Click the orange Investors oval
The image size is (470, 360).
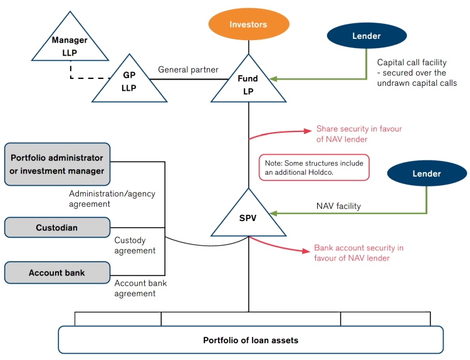click(x=248, y=24)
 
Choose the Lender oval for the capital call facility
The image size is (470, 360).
click(x=367, y=36)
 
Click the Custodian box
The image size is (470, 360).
click(x=56, y=227)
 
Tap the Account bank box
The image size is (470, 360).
click(x=56, y=273)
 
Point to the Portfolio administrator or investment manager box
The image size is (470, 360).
click(x=56, y=164)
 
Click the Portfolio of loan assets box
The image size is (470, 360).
click(x=251, y=340)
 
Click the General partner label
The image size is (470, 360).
click(x=188, y=69)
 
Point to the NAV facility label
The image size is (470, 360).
click(x=338, y=205)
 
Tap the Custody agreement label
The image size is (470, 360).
click(x=135, y=245)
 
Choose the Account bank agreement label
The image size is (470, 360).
click(x=140, y=288)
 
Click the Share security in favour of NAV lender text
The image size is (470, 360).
click(x=358, y=133)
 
